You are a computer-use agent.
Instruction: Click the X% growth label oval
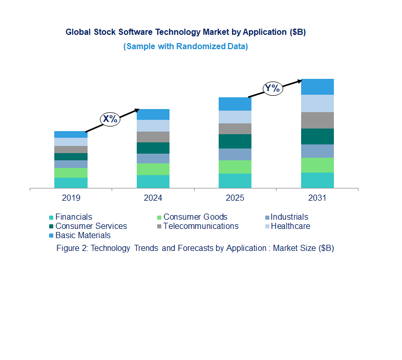point(110,119)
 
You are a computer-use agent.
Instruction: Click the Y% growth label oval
point(272,88)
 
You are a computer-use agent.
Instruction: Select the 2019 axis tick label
point(71,198)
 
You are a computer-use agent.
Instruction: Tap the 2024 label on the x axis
point(153,198)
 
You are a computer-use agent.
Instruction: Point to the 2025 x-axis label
point(235,198)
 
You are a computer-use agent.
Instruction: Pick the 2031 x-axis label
point(318,198)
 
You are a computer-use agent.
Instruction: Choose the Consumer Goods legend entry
point(195,217)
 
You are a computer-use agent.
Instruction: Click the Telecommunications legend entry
point(200,226)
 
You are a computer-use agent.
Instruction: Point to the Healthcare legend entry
point(290,226)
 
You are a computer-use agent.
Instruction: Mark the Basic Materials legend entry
point(82,236)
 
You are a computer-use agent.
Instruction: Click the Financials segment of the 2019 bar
point(71,183)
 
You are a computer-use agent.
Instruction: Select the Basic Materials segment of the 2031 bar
point(318,87)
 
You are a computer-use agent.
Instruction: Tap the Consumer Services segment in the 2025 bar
point(235,141)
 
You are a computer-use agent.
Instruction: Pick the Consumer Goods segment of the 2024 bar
point(153,169)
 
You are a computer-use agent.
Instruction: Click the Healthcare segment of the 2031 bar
point(318,103)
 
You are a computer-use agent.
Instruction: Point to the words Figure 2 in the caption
point(72,248)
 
